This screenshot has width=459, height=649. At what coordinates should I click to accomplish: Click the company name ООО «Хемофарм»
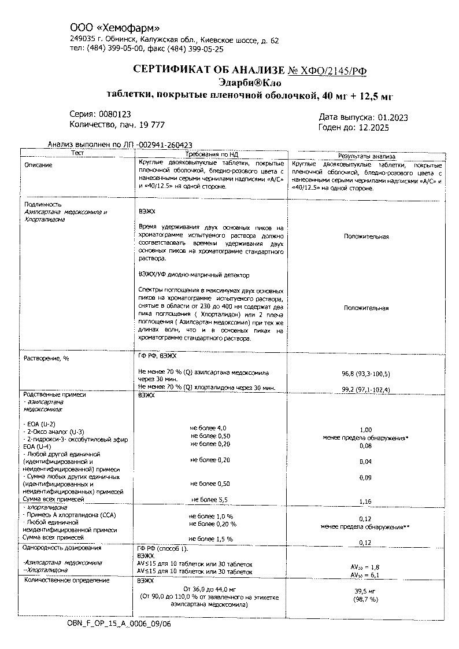[114, 28]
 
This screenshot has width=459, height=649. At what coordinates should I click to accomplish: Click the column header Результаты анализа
[367, 156]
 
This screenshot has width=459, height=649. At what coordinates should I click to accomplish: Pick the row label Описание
[38, 165]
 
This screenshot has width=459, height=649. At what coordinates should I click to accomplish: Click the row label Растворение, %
[46, 359]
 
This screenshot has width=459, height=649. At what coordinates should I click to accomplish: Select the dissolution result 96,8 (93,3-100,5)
[366, 374]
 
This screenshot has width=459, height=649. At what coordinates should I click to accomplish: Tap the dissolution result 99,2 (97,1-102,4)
[366, 389]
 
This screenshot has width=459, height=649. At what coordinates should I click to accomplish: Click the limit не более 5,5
[211, 499]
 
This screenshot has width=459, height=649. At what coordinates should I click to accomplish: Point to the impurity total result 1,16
[365, 502]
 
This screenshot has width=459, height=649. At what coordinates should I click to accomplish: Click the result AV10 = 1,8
[365, 567]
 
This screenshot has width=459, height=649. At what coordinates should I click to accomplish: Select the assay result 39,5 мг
[365, 591]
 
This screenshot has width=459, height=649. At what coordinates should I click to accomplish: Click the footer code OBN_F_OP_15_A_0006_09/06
[119, 624]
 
